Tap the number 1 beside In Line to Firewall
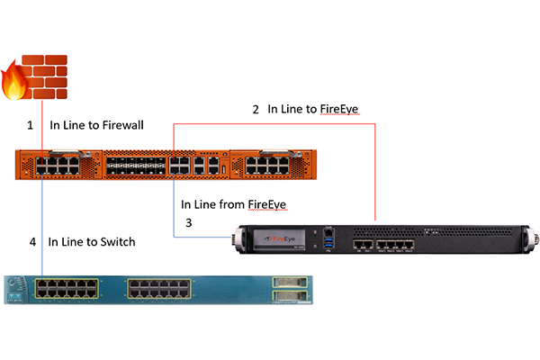pyautogui.click(x=30, y=125)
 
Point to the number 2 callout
pyautogui.click(x=256, y=109)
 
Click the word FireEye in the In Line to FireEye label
pyautogui.click(x=342, y=109)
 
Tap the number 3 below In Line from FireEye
pyautogui.click(x=188, y=221)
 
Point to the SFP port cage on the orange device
pyautogui.click(x=134, y=166)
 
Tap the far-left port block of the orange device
pyautogui.click(x=58, y=166)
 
